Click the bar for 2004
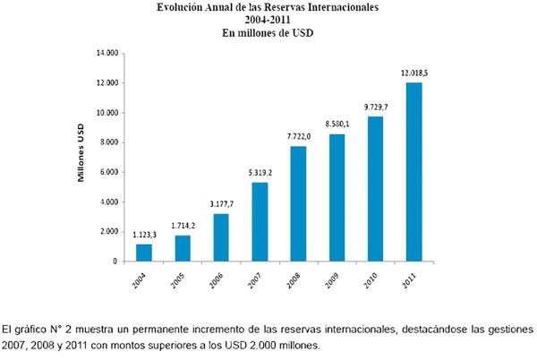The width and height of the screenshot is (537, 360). (143, 253)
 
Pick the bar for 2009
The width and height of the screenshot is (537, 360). (337, 198)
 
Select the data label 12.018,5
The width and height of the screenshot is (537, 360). (415, 73)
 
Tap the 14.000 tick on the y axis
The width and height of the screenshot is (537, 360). (107, 53)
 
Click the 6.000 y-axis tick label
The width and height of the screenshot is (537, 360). (108, 172)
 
